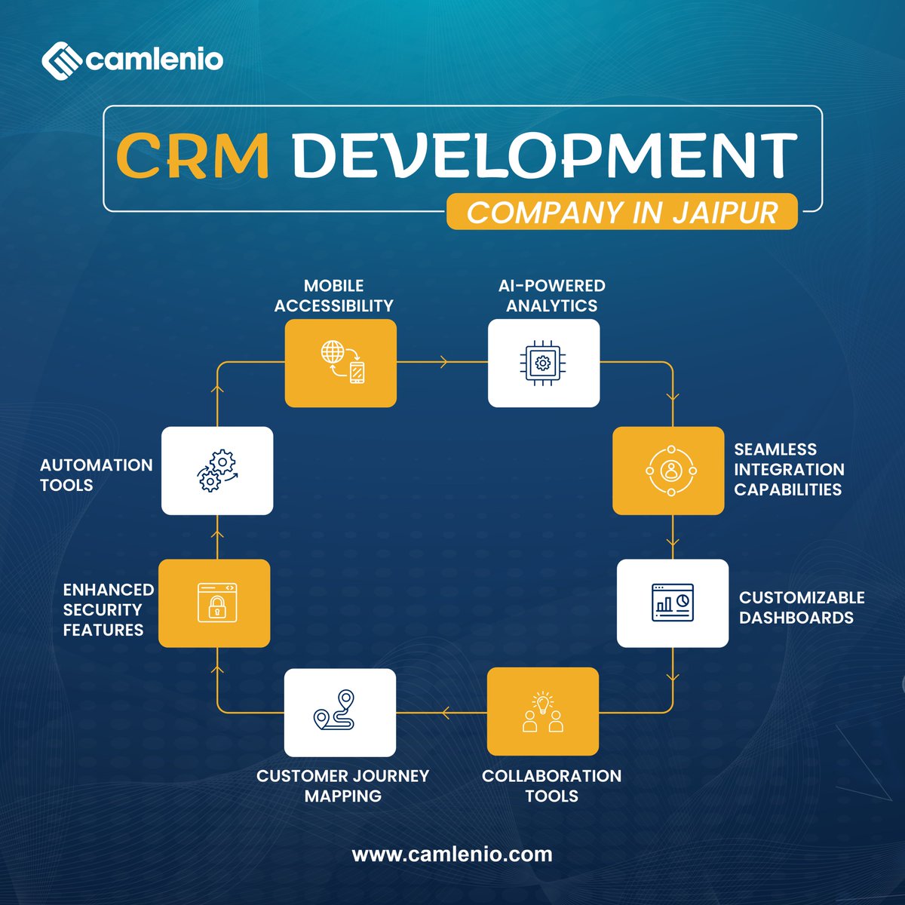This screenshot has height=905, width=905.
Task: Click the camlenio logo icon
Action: coord(60,60)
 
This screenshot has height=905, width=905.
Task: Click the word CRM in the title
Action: coord(193,156)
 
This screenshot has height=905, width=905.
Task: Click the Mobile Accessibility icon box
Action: coord(340,363)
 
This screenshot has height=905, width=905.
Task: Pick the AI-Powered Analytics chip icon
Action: coord(543,363)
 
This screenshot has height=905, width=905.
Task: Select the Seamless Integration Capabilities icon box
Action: coord(668,471)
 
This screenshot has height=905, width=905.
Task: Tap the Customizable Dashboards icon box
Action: coord(673,603)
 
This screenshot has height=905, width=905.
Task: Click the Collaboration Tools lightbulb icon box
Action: coord(543,711)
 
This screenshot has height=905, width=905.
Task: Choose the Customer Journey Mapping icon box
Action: coord(340,712)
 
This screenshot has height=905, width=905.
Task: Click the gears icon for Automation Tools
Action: coord(217,471)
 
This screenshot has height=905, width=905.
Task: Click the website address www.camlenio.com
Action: coord(452,854)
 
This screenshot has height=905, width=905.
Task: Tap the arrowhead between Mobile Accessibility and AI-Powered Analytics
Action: coord(443,363)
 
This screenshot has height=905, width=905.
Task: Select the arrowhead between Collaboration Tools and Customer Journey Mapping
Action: coord(446,712)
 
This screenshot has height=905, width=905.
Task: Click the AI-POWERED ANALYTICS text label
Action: coord(551,296)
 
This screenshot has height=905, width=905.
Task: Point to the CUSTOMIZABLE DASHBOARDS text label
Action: coord(801,607)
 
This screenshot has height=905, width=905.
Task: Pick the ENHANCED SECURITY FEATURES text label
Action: coord(108,609)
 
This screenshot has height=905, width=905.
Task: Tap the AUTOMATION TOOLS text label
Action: coord(96,475)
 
